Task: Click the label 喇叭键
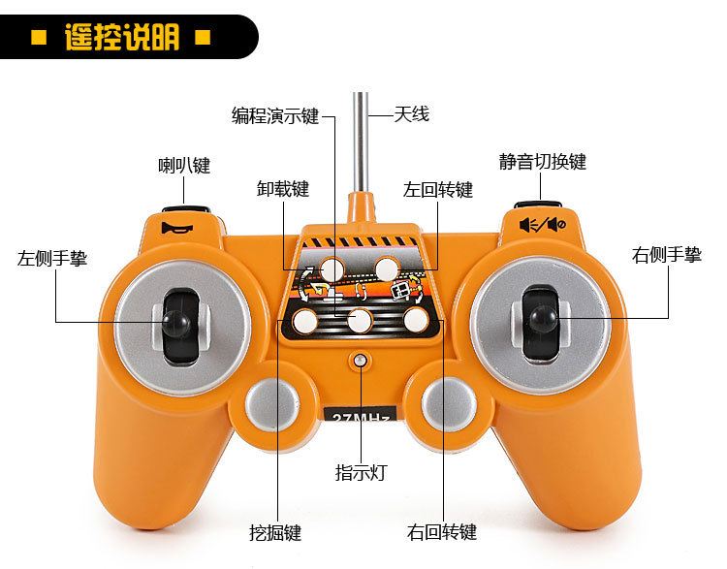[x=184, y=165]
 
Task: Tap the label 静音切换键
[x=543, y=162]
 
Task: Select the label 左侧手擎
[x=52, y=259]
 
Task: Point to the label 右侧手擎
[x=667, y=255]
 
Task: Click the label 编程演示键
[x=275, y=115]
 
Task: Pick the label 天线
[x=411, y=114]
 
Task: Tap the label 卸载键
[x=283, y=189]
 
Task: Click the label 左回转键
[x=438, y=189]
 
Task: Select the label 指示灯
[x=361, y=473]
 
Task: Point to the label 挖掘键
[x=275, y=533]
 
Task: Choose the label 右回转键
[x=442, y=533]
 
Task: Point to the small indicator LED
[x=361, y=361]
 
